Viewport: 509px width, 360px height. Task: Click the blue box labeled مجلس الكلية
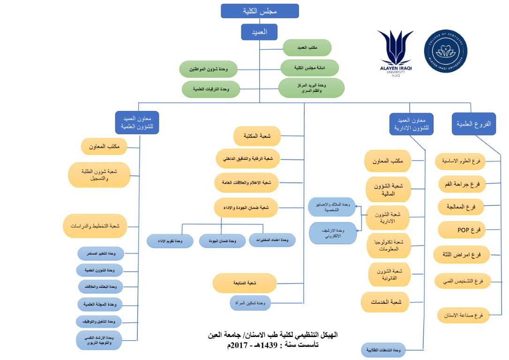click(260, 11)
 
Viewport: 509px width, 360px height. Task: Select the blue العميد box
click(259, 32)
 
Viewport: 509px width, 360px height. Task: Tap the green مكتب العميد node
click(307, 48)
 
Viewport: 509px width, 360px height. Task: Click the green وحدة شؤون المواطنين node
click(209, 69)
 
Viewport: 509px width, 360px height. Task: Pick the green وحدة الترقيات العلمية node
click(210, 89)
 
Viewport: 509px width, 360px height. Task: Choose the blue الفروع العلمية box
click(473, 124)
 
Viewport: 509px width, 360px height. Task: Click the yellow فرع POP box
click(462, 230)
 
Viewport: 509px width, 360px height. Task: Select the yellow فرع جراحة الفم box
click(462, 184)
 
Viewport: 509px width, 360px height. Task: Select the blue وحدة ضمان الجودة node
click(222, 241)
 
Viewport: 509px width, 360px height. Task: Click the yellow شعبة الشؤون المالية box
click(389, 189)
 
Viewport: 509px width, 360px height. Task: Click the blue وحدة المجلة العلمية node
click(99, 305)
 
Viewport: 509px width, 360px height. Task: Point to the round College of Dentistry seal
click(445, 51)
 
